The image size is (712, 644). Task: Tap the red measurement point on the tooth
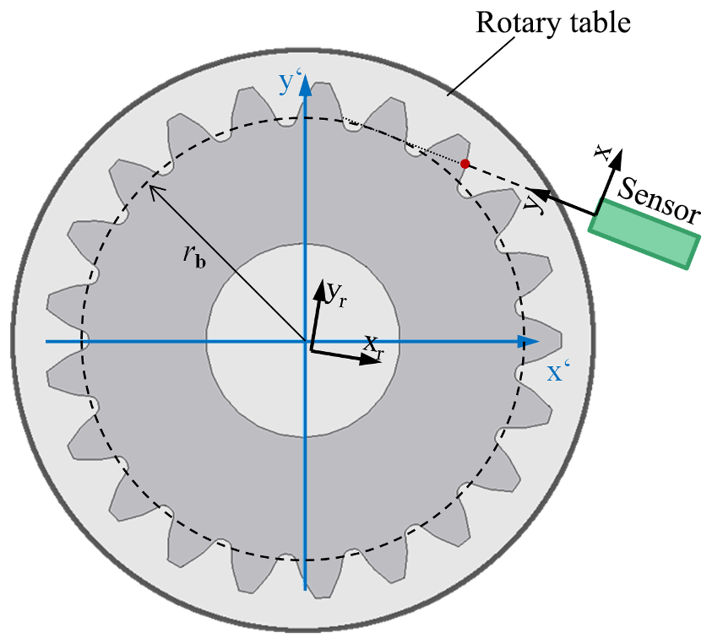tap(465, 163)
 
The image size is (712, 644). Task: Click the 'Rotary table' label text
tap(553, 22)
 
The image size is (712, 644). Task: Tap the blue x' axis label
tap(555, 372)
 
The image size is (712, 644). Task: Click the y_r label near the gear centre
tap(335, 292)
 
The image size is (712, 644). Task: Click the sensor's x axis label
tap(601, 153)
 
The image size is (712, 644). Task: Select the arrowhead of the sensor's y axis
tap(537, 192)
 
